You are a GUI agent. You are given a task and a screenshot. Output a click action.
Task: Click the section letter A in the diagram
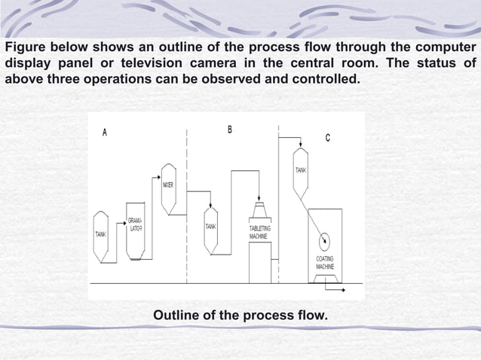(105, 133)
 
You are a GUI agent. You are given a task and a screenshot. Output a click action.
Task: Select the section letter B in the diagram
(230, 130)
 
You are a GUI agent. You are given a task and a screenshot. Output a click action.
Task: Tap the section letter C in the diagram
(327, 137)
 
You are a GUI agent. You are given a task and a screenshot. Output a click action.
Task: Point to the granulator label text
(135, 224)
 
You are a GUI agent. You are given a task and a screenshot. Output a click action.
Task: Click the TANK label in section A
(100, 234)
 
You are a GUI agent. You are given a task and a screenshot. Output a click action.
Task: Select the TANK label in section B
(211, 227)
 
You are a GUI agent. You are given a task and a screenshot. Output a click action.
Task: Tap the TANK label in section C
(300, 170)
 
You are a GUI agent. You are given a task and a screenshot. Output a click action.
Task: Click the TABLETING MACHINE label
(260, 232)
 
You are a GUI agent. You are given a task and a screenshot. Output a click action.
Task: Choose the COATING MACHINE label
(325, 263)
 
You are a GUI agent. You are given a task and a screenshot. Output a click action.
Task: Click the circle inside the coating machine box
(325, 241)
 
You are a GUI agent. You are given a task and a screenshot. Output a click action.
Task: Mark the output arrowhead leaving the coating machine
(344, 288)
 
